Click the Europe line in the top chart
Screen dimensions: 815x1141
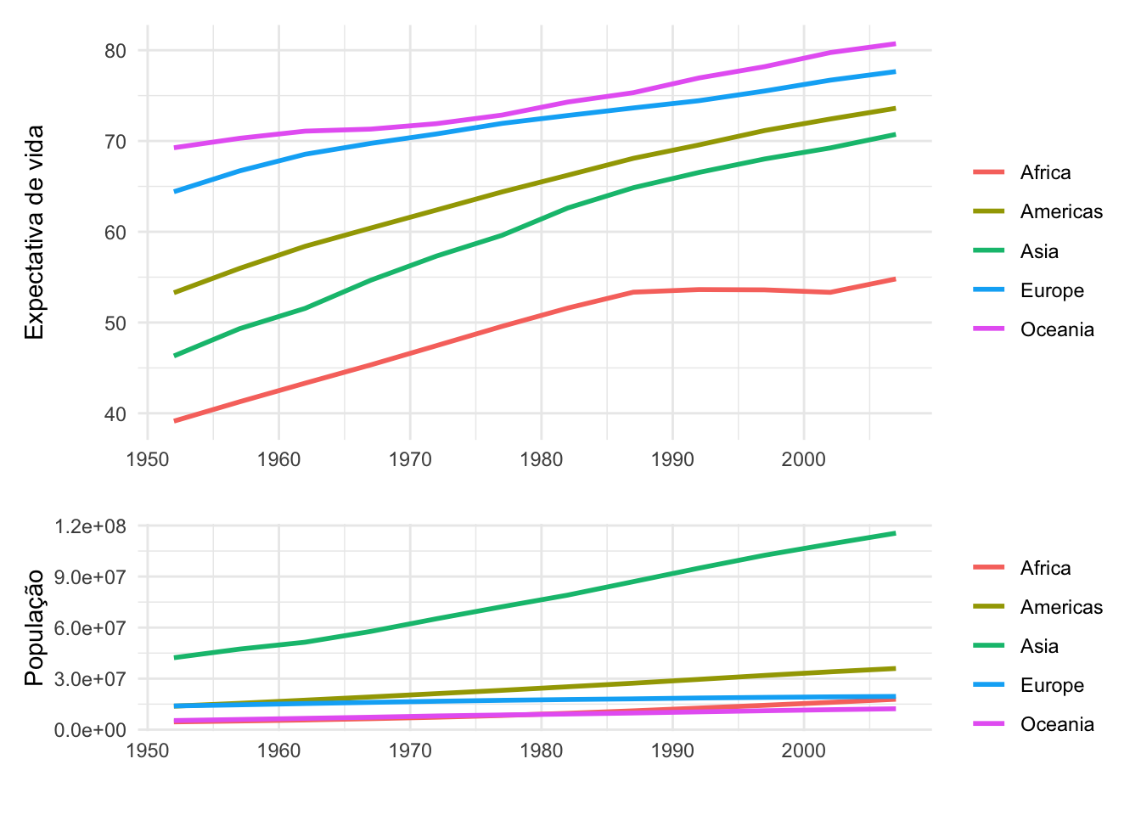click(410, 137)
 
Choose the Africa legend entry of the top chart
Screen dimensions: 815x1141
click(1045, 173)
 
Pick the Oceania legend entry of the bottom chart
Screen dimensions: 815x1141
click(1056, 724)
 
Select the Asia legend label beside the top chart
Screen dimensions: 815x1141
click(1039, 251)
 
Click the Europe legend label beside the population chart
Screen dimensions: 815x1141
click(1052, 685)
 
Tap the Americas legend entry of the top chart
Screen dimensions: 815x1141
click(1061, 212)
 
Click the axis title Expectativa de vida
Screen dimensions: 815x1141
click(35, 232)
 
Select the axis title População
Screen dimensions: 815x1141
click(35, 627)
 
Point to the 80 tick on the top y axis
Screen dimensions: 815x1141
click(115, 51)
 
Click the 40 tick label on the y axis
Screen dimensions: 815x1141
click(115, 414)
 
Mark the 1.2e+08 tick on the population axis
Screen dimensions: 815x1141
click(90, 526)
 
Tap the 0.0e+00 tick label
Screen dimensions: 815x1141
click(90, 730)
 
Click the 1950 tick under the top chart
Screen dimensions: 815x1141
click(148, 460)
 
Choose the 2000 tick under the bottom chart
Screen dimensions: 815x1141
click(803, 750)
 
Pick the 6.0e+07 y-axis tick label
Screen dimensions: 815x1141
click(90, 628)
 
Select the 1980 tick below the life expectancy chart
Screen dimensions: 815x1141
click(542, 460)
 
